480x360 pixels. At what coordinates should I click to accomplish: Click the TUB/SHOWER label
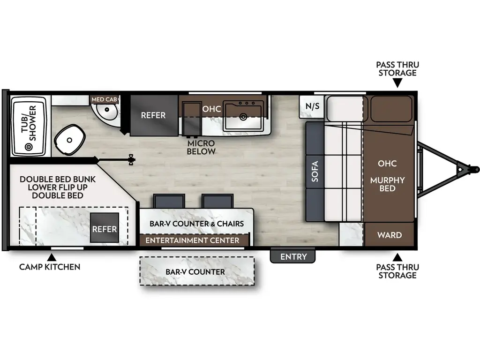29,123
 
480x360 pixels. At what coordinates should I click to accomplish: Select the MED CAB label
104,99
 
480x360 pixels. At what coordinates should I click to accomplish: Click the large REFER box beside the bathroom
153,115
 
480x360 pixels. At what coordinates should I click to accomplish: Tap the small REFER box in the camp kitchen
104,229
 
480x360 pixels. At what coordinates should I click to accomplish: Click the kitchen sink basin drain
243,116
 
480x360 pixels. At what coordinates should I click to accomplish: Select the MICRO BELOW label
201,147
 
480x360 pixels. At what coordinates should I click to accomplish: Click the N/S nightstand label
312,106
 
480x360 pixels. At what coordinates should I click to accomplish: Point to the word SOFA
315,172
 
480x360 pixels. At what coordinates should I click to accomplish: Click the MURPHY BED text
387,184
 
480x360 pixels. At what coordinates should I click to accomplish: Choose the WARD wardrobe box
389,235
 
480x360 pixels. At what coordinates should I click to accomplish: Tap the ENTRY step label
293,256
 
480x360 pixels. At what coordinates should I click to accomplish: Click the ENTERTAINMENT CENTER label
192,240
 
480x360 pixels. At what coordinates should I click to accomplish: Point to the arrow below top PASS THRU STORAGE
397,83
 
